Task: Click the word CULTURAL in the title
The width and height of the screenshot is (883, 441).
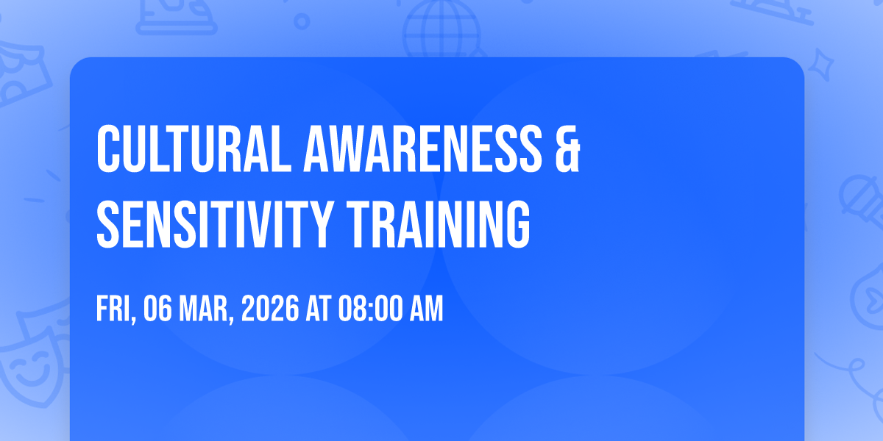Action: tap(194, 148)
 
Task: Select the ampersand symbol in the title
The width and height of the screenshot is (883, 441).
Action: tap(567, 148)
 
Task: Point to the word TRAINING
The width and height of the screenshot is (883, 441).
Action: tap(438, 223)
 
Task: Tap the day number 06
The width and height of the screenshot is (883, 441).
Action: tap(157, 309)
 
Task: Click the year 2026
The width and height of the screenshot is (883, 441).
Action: tap(270, 309)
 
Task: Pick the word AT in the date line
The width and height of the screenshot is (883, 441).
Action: tap(319, 309)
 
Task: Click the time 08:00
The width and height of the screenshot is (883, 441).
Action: tap(371, 309)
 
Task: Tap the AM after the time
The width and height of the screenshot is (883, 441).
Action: tap(427, 309)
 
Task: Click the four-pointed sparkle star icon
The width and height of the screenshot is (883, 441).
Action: tap(820, 65)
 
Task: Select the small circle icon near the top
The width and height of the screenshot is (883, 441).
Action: tap(302, 21)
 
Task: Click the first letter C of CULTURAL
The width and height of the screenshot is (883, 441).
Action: tap(108, 148)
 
